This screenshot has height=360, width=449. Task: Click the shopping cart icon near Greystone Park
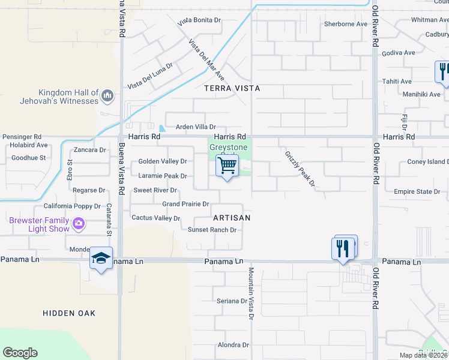[227, 165]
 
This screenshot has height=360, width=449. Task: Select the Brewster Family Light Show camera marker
[79, 224]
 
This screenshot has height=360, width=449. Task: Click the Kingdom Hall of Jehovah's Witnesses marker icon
[107, 95]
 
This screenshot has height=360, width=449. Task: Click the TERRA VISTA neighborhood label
[232, 88]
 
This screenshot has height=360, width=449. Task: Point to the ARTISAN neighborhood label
[231, 218]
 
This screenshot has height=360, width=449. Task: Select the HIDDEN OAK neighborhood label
[69, 313]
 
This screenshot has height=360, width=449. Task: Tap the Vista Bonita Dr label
[199, 20]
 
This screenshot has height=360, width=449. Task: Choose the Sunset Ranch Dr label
[212, 230]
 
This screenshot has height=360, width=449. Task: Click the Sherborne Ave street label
[345, 25]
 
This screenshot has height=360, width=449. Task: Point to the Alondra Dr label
[233, 345]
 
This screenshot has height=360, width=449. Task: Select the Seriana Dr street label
[232, 301]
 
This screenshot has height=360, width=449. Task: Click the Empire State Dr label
[417, 192]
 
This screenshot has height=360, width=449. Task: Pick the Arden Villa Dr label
[195, 127]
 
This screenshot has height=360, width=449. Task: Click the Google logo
[20, 353]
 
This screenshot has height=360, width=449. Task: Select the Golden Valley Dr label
[163, 161]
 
